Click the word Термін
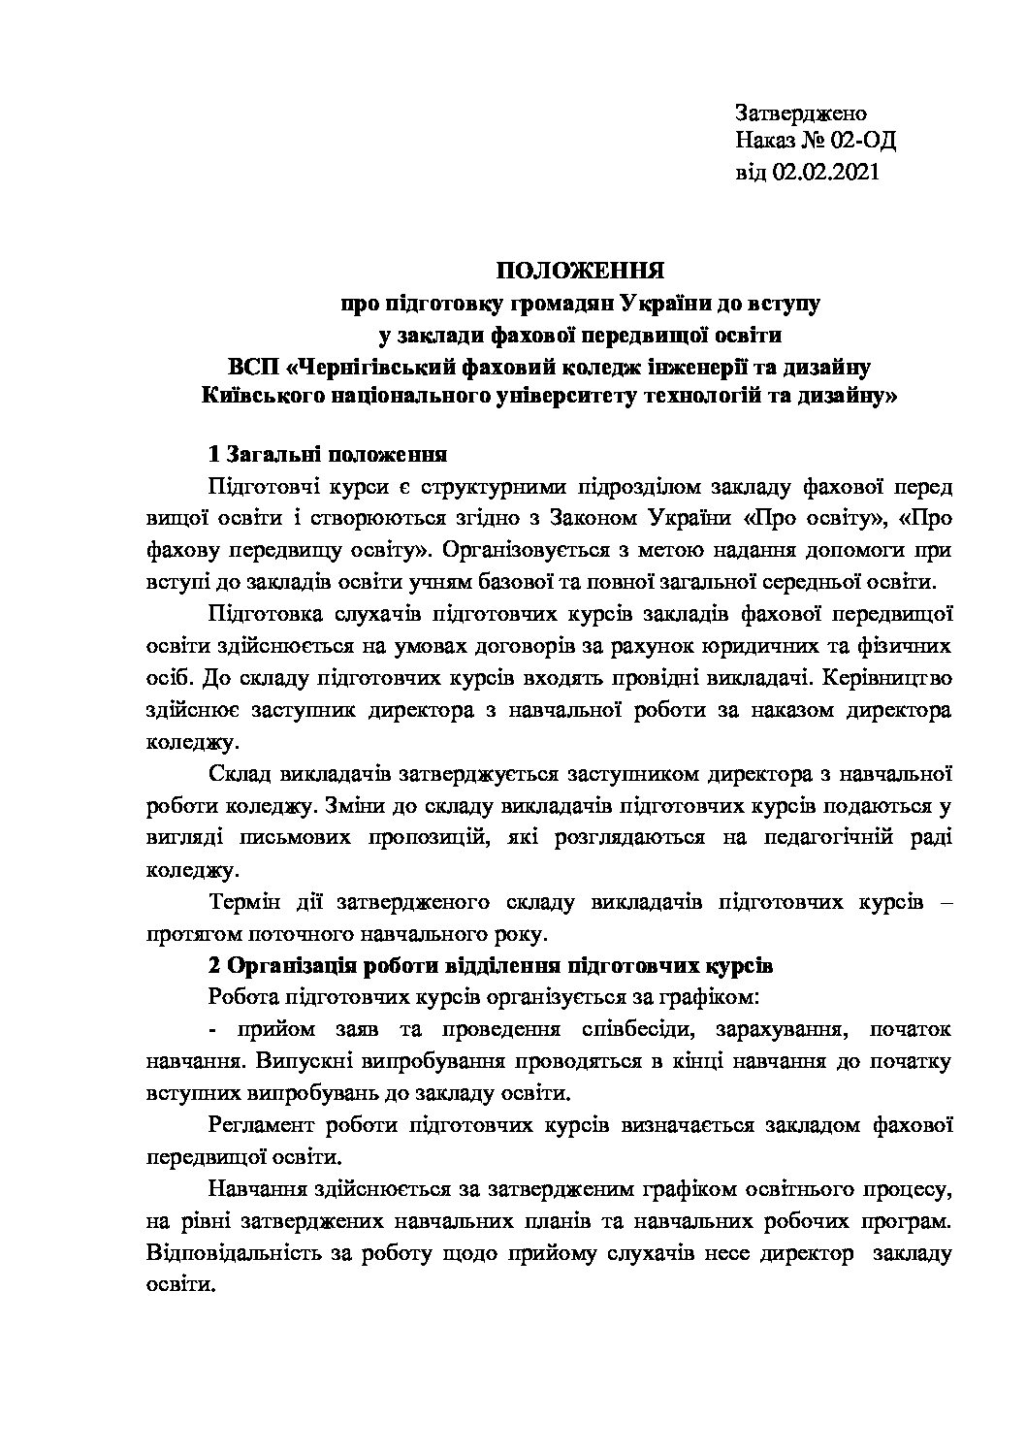point(244,902)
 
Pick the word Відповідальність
point(240,1254)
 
